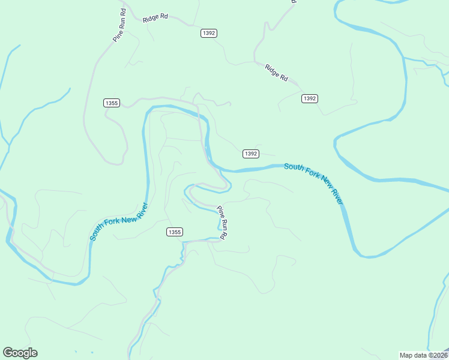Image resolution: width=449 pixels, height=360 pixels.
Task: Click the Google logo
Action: tap(20, 353)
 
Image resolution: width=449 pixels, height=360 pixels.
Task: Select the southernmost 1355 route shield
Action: tap(174, 232)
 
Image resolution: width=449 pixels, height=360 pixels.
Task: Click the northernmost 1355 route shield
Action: tap(111, 103)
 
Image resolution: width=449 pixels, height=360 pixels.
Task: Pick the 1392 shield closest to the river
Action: tap(251, 154)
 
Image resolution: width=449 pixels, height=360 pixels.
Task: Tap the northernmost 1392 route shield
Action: tap(208, 33)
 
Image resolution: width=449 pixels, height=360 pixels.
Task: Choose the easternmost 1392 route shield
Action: tap(309, 98)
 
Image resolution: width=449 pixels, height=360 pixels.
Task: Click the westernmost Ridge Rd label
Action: tap(155, 19)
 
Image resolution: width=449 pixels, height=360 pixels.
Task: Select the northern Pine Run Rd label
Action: tap(120, 25)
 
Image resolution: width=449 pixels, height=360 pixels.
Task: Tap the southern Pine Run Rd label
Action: tap(221, 223)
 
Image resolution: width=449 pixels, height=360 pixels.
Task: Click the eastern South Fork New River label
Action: tap(313, 184)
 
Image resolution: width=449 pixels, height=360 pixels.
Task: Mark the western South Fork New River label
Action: tap(119, 221)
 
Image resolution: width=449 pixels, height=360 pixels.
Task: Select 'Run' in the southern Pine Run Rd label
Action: tap(221, 224)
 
